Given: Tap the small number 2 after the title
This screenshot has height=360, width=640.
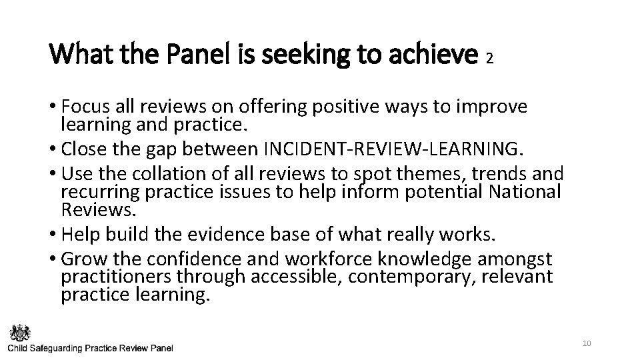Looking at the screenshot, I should point(489,59).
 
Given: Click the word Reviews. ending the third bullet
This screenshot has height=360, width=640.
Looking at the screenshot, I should point(99,210).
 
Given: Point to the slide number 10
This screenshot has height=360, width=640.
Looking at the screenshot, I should point(587,343).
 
